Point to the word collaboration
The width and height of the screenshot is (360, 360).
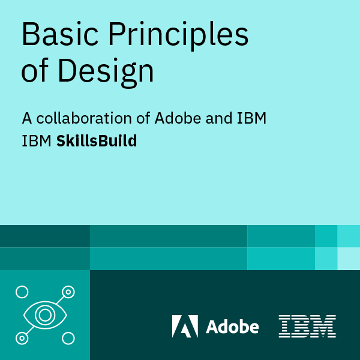coord(84,118)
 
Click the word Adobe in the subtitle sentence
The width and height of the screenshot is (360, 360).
coord(176,118)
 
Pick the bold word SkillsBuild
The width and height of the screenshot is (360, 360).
coord(97,142)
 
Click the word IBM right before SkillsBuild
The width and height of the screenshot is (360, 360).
coord(37,142)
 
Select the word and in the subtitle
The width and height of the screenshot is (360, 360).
coord(215,118)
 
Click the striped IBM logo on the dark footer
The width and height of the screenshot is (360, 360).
coord(307,326)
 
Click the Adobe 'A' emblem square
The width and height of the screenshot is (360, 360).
coord(185,326)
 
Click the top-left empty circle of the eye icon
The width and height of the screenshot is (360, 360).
coord(22,292)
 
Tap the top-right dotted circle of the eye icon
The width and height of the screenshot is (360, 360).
coord(68,292)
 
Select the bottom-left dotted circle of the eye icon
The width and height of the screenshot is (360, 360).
coord(22,338)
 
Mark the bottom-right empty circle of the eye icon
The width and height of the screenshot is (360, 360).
coord(68,338)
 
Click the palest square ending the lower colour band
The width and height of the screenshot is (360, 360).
coord(349,259)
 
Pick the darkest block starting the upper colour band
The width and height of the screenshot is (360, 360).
coord(45,236)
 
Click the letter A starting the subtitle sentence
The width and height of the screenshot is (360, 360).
coord(26,118)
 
